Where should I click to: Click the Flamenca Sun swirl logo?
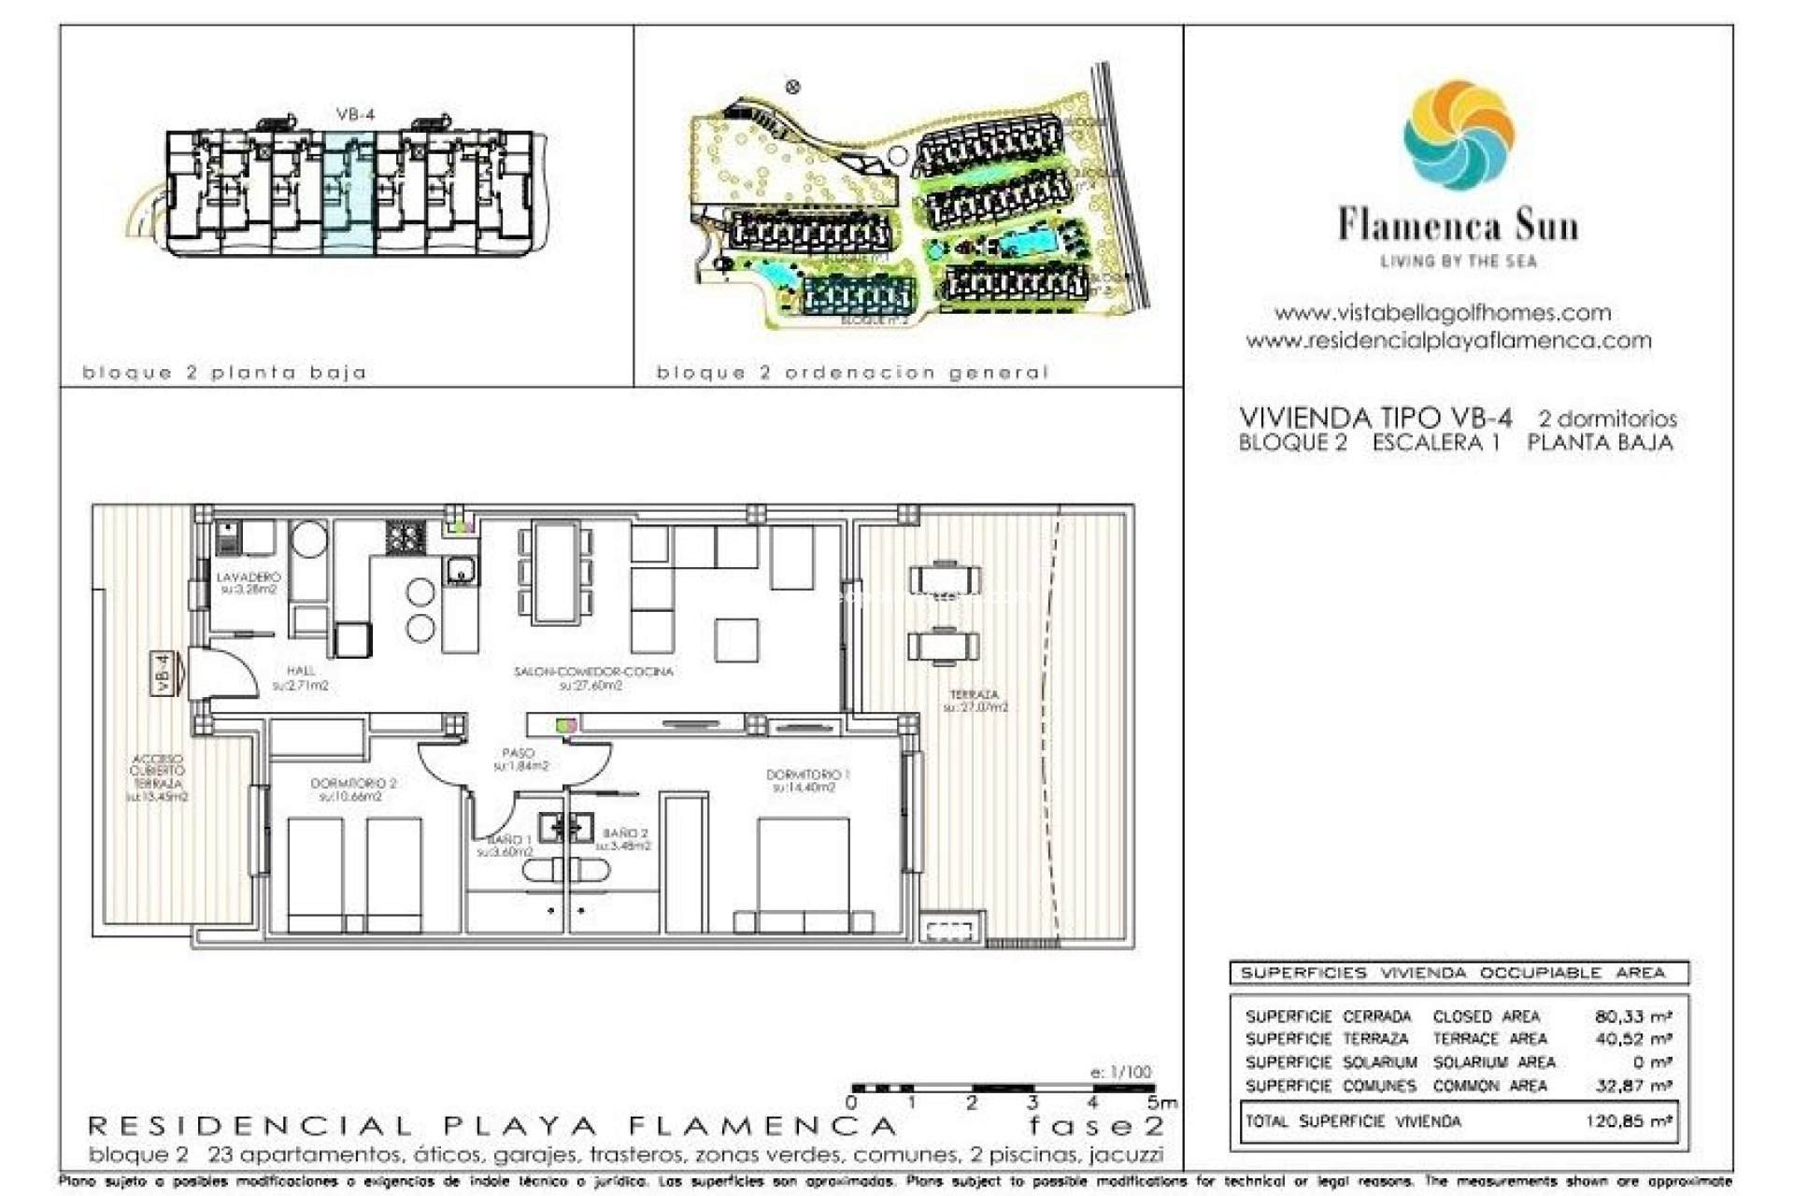click(x=1458, y=135)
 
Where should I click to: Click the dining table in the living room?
click(x=556, y=572)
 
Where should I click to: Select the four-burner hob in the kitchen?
click(x=406, y=537)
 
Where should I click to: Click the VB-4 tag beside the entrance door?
click(x=163, y=673)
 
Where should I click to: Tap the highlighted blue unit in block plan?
click(x=349, y=192)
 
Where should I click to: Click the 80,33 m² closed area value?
click(x=1632, y=1016)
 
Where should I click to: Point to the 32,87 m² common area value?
click(x=1632, y=1086)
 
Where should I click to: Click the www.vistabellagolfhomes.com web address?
click(x=1442, y=313)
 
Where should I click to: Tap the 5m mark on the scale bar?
click(x=1161, y=1103)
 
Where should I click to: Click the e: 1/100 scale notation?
click(x=1120, y=1072)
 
